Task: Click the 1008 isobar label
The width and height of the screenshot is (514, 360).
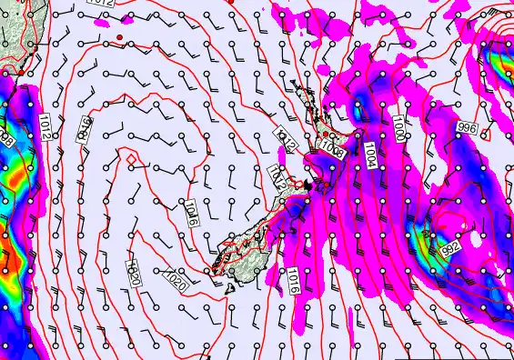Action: point(333,153)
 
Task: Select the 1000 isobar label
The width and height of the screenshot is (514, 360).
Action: point(400,128)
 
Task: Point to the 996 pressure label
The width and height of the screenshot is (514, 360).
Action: point(468,127)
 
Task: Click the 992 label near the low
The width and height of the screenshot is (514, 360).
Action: point(448,246)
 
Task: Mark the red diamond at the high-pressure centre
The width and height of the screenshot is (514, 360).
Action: point(131,160)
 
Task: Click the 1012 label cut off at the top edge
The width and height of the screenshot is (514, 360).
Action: point(101,4)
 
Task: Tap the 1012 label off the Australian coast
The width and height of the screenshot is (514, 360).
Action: point(45,127)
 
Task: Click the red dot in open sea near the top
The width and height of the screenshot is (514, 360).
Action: point(120,37)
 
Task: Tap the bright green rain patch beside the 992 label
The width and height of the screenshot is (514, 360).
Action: point(425,238)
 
